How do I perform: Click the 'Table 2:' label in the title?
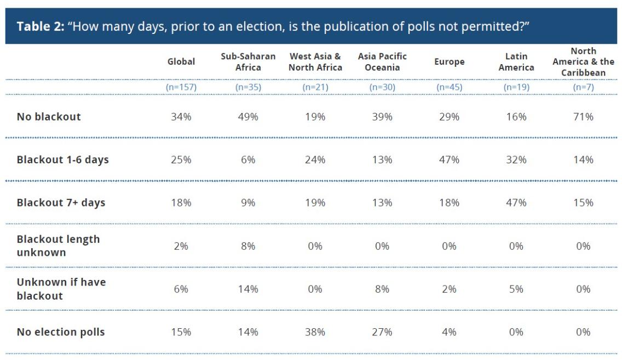click(39, 27)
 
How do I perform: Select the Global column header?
click(181, 62)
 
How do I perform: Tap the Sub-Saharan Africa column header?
click(248, 62)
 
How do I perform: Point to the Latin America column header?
click(516, 62)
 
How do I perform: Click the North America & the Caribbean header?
click(583, 62)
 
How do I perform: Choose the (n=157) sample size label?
click(181, 87)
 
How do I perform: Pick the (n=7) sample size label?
click(583, 87)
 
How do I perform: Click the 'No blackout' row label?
click(49, 117)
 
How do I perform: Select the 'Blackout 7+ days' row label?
click(61, 203)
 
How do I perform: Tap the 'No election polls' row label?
click(61, 332)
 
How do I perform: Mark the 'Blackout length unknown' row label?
click(58, 246)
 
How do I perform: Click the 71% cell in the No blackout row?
click(583, 117)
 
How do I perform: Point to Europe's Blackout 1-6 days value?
click(449, 160)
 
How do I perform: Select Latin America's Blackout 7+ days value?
click(516, 203)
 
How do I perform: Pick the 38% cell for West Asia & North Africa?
click(315, 332)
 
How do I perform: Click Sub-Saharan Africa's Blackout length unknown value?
click(248, 246)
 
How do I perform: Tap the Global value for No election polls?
click(181, 332)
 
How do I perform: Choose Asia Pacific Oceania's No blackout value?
click(382, 117)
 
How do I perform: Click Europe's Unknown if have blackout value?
click(449, 289)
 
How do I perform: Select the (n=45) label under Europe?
click(449, 87)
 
